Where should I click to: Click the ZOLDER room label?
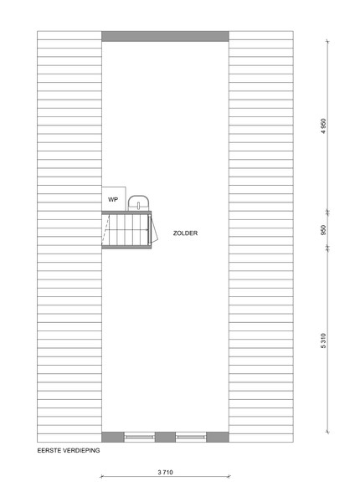tap(185, 233)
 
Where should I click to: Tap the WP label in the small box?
tap(113, 199)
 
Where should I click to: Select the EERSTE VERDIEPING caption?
tap(69, 450)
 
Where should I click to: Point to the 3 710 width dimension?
tap(165, 472)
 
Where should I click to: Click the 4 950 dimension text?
tap(323, 125)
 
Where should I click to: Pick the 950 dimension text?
tap(323, 230)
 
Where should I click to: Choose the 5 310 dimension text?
tap(323, 341)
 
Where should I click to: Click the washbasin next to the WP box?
tap(138, 203)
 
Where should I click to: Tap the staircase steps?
tap(126, 229)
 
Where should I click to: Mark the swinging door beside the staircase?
tap(154, 228)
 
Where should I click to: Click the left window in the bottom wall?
tap(139, 437)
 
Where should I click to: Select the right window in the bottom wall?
tap(191, 437)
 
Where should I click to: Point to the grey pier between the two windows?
tap(165, 437)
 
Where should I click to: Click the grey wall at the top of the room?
tap(165, 36)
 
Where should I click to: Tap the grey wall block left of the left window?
tap(113, 437)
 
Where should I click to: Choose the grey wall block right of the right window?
tap(218, 437)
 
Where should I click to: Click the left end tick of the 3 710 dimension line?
tap(101, 476)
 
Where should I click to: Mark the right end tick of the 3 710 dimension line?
tap(229, 476)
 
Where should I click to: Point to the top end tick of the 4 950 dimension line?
tap(327, 41)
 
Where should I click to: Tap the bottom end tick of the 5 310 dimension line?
tap(327, 432)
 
